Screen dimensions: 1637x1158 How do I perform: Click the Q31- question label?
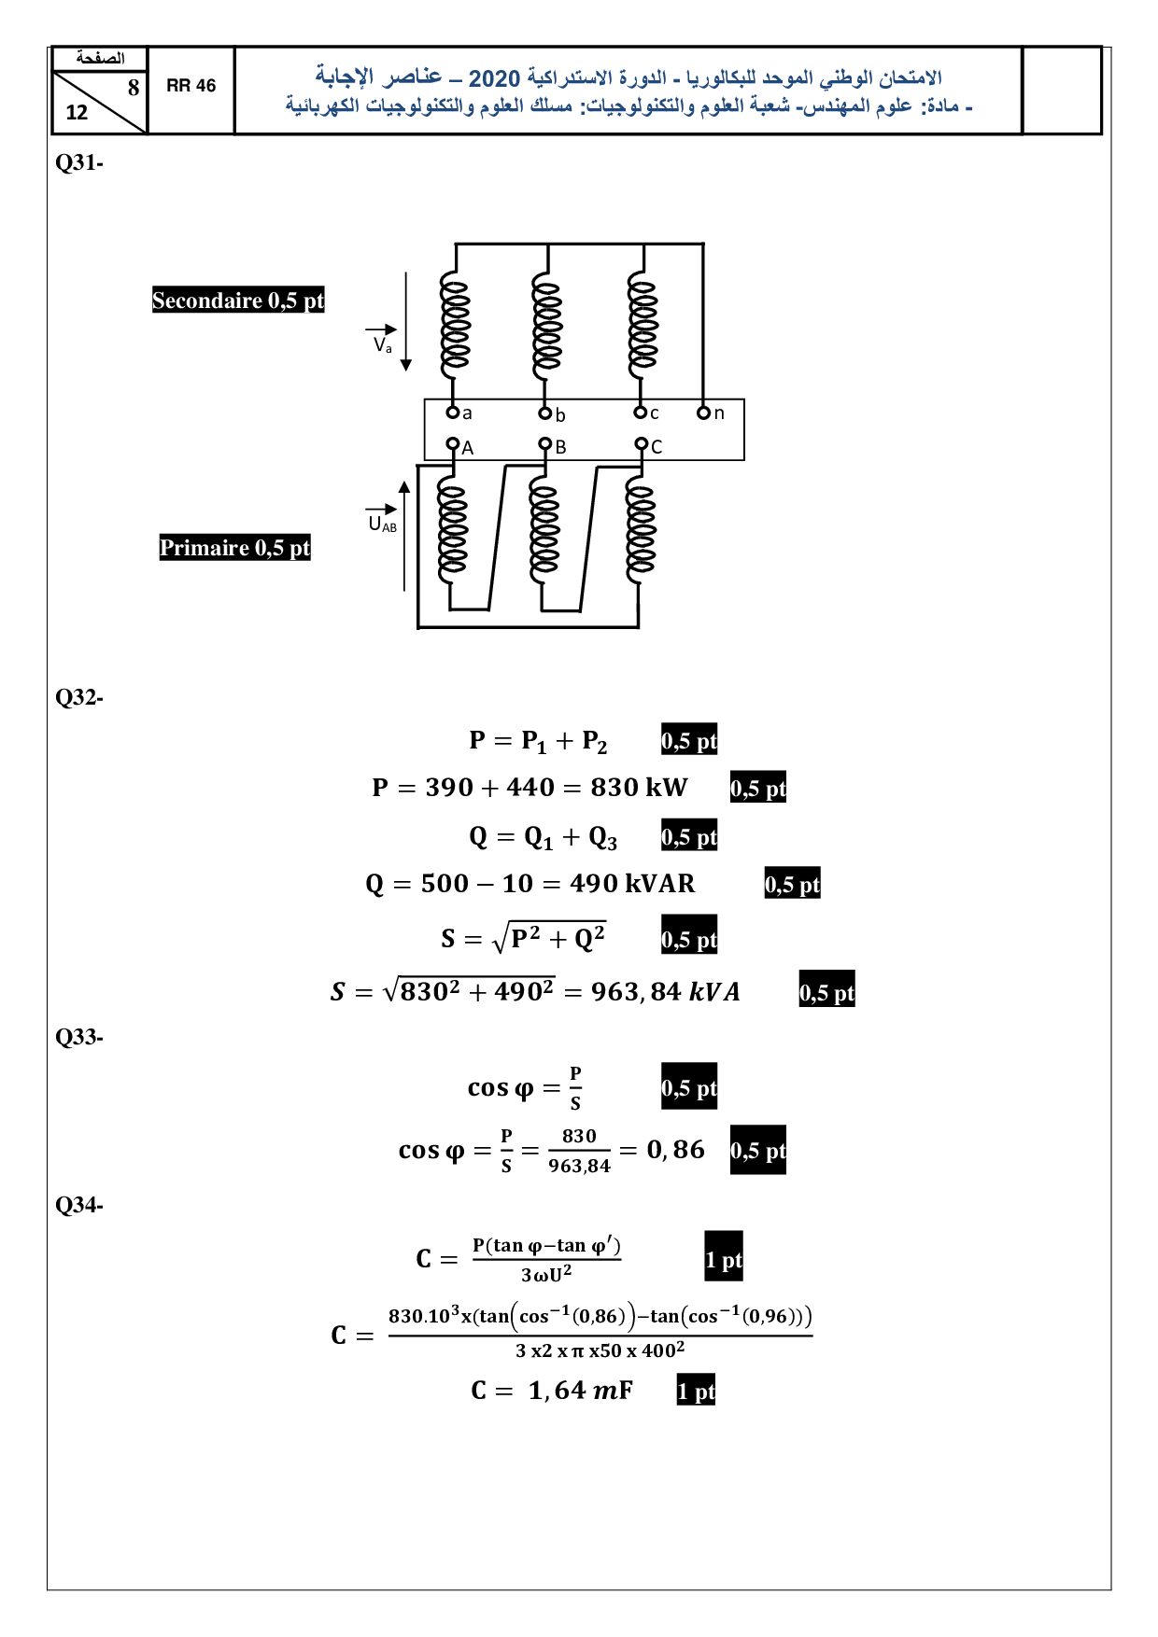pyautogui.click(x=79, y=162)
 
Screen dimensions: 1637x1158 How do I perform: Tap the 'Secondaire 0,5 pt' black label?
pyautogui.click(x=238, y=301)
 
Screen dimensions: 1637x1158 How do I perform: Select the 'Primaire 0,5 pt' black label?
pyautogui.click(x=234, y=548)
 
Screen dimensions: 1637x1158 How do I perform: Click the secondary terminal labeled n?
pyautogui.click(x=704, y=413)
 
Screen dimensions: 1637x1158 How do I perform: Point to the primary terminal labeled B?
pyautogui.click(x=545, y=444)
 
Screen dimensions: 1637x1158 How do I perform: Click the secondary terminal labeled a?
pyautogui.click(x=452, y=413)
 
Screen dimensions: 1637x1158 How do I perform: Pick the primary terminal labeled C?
pyautogui.click(x=642, y=444)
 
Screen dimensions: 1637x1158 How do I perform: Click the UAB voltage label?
pyautogui.click(x=382, y=525)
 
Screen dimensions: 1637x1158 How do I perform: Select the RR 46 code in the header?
pyautogui.click(x=191, y=86)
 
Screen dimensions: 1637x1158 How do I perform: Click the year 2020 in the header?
pyautogui.click(x=494, y=78)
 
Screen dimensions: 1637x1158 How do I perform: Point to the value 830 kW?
pyautogui.click(x=639, y=788)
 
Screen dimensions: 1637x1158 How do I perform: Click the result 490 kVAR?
pyautogui.click(x=632, y=884)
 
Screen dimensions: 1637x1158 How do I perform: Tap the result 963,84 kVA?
pyautogui.click(x=665, y=991)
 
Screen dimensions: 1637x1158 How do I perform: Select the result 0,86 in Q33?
pyautogui.click(x=676, y=1150)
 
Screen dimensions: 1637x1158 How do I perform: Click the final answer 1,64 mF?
pyautogui.click(x=580, y=1391)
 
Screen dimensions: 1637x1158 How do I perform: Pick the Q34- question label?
pyautogui.click(x=79, y=1205)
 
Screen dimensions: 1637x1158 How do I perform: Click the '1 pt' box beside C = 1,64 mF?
pyautogui.click(x=696, y=1391)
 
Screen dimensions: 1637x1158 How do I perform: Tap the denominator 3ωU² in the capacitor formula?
pyautogui.click(x=546, y=1274)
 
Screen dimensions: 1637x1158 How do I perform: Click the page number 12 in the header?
pyautogui.click(x=77, y=113)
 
